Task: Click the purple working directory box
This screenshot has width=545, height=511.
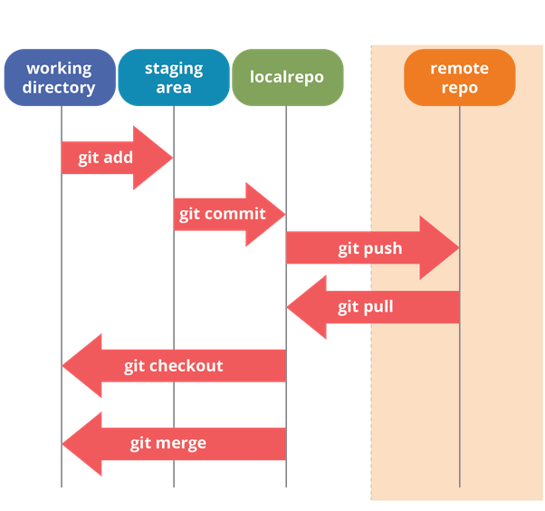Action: click(x=59, y=78)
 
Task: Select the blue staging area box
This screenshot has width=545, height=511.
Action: click(x=173, y=78)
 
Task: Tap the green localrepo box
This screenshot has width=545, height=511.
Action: click(x=287, y=78)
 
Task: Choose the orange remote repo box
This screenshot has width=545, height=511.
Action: click(x=459, y=78)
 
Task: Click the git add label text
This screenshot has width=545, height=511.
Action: click(x=105, y=158)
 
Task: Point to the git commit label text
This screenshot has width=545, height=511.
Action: click(x=222, y=214)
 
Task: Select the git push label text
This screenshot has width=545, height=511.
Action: click(x=369, y=248)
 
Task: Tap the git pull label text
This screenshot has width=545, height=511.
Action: click(x=365, y=306)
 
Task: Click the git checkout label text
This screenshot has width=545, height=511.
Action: click(x=173, y=366)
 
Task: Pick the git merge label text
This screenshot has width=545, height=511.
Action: click(x=167, y=443)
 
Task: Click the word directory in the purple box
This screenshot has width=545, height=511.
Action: click(x=59, y=88)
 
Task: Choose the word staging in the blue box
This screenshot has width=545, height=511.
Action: click(x=173, y=69)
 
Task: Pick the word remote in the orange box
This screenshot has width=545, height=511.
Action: click(x=459, y=69)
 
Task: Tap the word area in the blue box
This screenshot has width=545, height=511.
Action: click(x=173, y=88)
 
